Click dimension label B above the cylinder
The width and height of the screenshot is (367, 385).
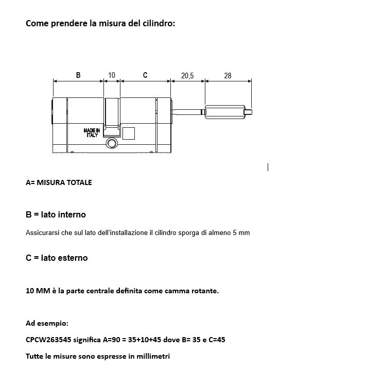tap(78, 75)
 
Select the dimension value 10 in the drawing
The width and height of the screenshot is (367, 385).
tap(112, 75)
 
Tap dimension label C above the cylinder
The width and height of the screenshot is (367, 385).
tap(145, 75)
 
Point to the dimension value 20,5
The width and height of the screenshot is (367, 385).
tap(187, 76)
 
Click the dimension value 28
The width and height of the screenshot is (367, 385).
tap(228, 76)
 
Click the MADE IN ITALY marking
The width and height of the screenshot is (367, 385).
tap(92, 132)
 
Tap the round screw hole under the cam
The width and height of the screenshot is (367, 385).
tap(112, 144)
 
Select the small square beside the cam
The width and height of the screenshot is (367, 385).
tap(129, 133)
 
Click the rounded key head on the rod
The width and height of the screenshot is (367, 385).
tap(224, 112)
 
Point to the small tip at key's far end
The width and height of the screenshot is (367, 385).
tap(249, 112)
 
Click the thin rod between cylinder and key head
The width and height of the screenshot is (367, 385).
tap(188, 111)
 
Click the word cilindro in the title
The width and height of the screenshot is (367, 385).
tap(158, 23)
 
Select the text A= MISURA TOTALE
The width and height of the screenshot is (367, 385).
tap(59, 182)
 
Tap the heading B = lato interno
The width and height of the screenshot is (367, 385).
tap(56, 214)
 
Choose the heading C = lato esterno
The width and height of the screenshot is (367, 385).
tap(57, 258)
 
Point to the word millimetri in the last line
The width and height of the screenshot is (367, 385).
tap(152, 356)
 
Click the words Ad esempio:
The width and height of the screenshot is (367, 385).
tap(47, 323)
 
